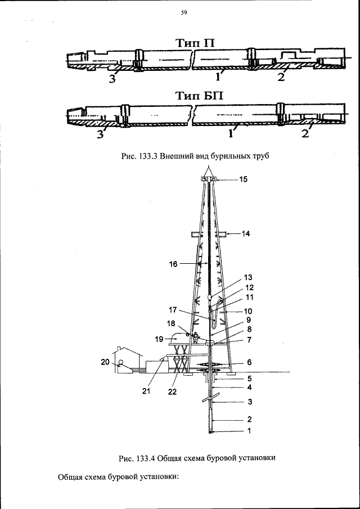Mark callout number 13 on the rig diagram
[249, 277]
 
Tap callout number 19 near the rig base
[160, 339]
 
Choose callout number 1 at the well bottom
[249, 431]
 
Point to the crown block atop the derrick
[209, 179]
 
